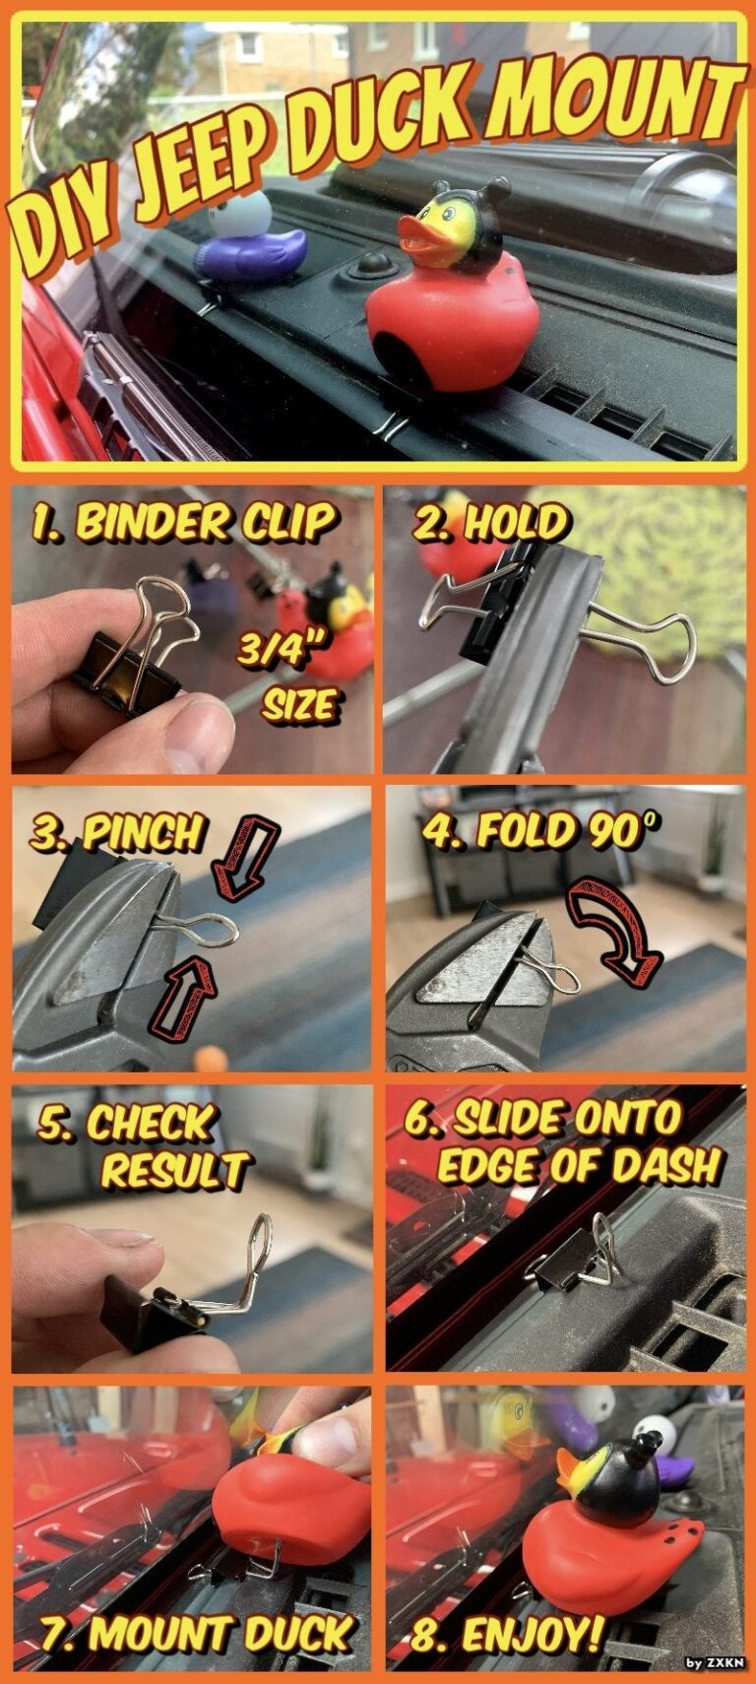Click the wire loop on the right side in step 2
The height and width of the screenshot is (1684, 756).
click(645, 645)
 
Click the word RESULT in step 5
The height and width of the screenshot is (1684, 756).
click(175, 1170)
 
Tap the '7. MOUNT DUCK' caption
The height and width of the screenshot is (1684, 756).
click(197, 1636)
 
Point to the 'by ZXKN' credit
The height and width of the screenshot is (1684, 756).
click(716, 1663)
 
